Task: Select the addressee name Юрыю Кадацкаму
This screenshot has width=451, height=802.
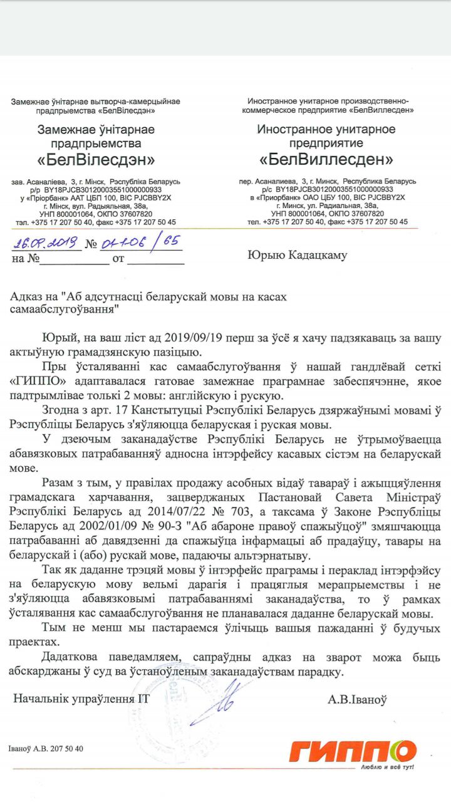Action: tap(298, 255)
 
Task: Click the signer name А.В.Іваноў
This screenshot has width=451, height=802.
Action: tap(357, 699)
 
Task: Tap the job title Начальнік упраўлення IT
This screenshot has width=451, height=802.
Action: tap(79, 699)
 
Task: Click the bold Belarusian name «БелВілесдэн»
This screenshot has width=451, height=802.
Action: tap(96, 159)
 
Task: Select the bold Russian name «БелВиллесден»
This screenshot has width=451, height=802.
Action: tap(326, 159)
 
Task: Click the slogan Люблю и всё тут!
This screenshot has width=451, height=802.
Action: tap(388, 767)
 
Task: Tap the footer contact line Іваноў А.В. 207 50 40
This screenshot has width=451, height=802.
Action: tap(46, 749)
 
